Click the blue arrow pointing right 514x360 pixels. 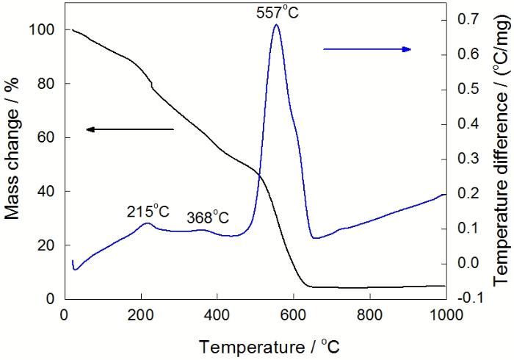tap(367, 49)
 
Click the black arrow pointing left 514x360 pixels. tap(130, 129)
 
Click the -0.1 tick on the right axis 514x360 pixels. tap(461, 298)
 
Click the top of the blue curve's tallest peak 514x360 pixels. tap(276, 25)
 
